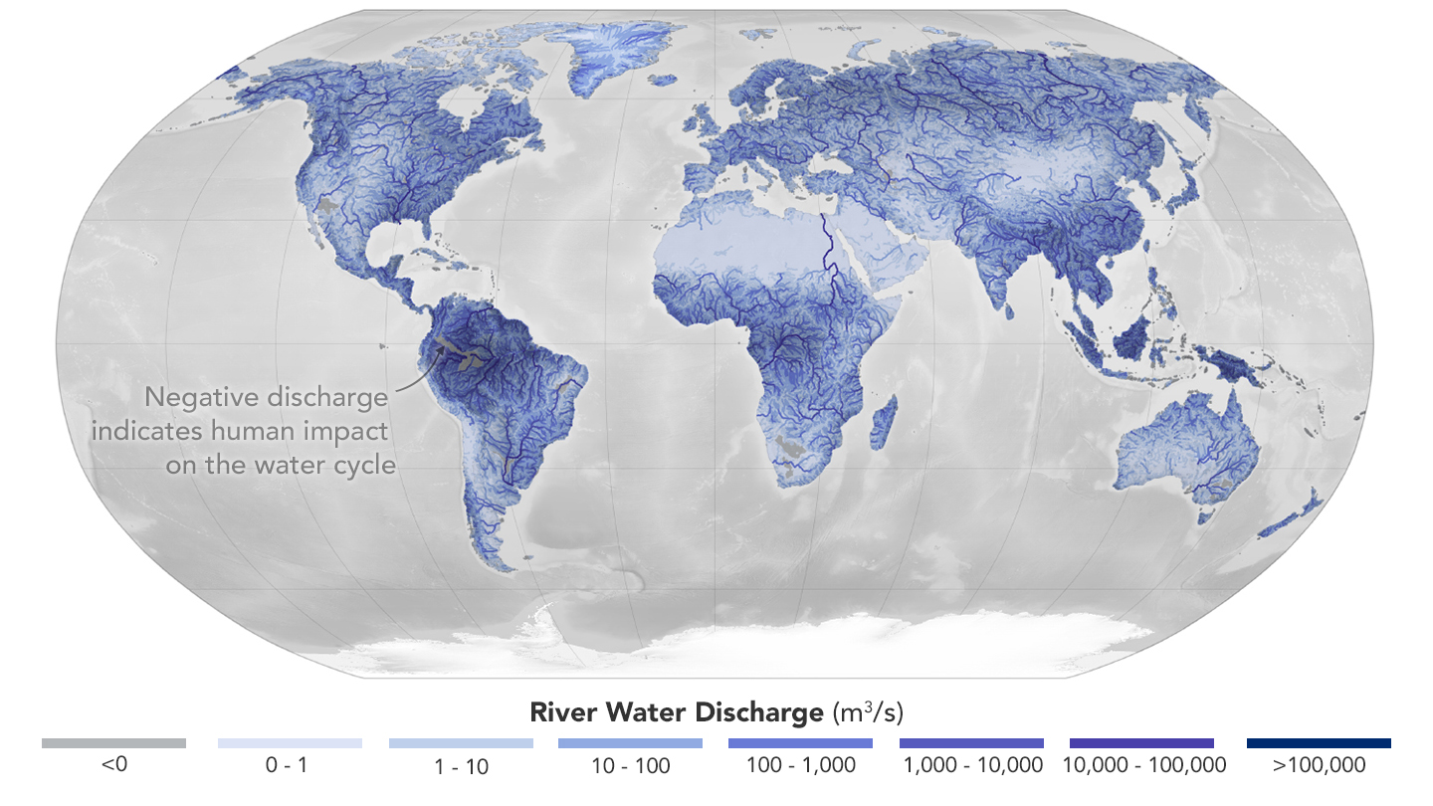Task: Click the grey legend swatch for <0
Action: [x=113, y=743]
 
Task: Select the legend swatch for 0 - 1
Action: [x=290, y=743]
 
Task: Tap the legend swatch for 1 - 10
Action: [x=461, y=743]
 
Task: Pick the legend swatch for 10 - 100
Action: [x=630, y=743]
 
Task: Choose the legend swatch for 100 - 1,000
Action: [x=800, y=743]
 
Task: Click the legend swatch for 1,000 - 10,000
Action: [x=971, y=743]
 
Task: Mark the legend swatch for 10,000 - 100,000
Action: [x=1141, y=743]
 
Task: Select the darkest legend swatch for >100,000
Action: [x=1319, y=743]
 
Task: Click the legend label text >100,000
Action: [x=1319, y=765]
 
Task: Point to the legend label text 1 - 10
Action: [x=461, y=766]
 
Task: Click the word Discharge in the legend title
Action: [x=756, y=712]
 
